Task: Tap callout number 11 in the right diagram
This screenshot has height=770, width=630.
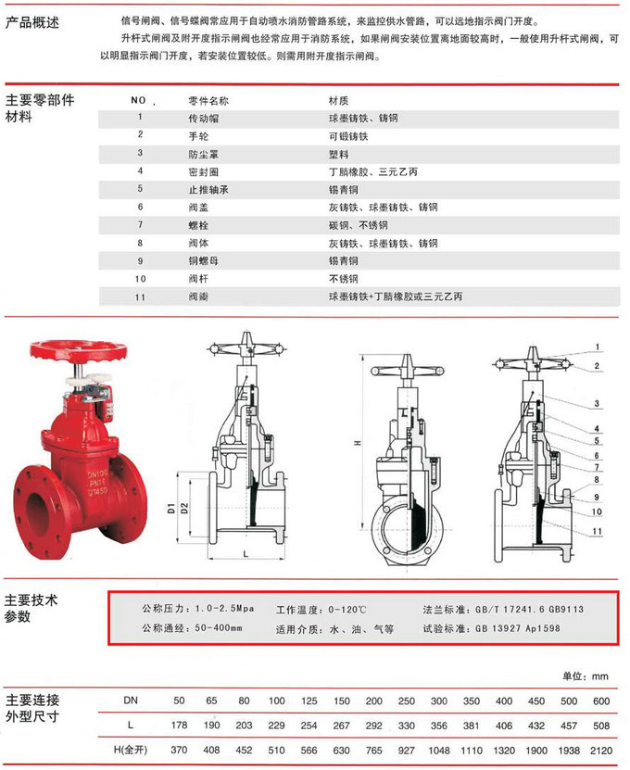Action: click(598, 530)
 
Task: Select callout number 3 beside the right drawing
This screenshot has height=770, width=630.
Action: click(598, 403)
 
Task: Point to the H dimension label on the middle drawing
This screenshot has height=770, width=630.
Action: click(356, 444)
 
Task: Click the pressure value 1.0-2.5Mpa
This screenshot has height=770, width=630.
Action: click(223, 609)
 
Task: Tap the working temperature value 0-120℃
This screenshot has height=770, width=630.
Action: click(347, 609)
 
